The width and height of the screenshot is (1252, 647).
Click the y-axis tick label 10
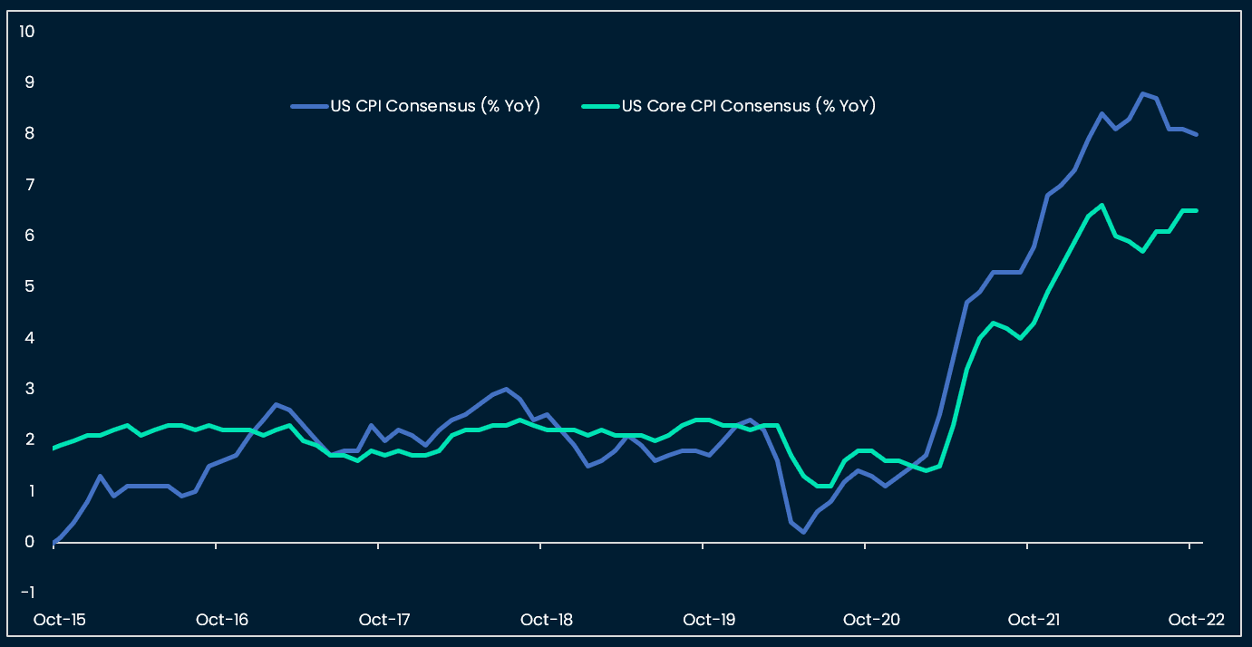tap(26, 32)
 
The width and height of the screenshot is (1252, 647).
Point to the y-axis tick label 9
tap(29, 82)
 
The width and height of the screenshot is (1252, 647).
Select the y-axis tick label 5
tap(29, 287)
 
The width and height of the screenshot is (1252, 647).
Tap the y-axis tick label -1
tap(27, 593)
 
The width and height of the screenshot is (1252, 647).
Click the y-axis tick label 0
tap(29, 543)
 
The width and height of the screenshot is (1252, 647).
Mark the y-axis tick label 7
tap(29, 185)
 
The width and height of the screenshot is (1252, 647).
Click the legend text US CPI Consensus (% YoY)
tap(435, 106)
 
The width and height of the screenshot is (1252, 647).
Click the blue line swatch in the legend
tap(308, 106)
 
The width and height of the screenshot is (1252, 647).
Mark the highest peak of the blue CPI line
tap(1142, 93)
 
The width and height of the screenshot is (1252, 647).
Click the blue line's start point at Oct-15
tap(54, 542)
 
